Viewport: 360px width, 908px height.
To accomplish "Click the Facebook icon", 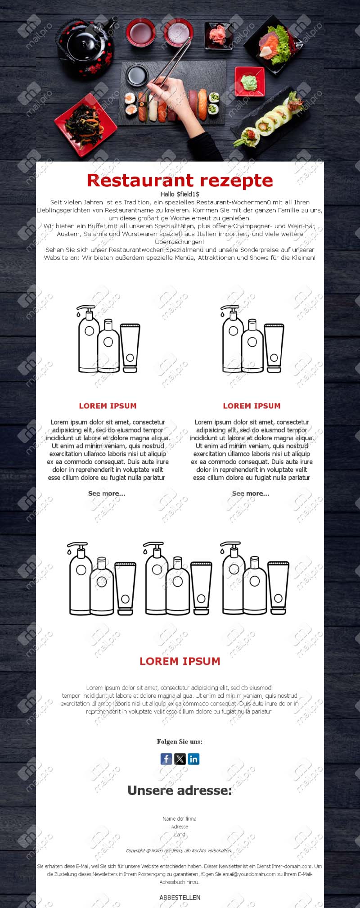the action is click(x=166, y=759).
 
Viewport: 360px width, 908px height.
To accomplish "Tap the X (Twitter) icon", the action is click(x=180, y=759).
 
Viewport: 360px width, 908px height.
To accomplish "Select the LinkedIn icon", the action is click(x=193, y=759).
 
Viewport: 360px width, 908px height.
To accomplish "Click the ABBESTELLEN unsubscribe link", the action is click(x=180, y=897).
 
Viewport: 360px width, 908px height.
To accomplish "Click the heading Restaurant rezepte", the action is click(x=180, y=180).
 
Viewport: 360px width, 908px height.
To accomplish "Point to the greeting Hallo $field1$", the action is click(x=180, y=194).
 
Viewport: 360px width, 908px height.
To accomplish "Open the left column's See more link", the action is click(x=107, y=493).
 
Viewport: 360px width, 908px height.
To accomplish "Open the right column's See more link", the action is click(x=251, y=493).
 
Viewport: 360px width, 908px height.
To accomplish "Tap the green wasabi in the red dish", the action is click(x=248, y=82).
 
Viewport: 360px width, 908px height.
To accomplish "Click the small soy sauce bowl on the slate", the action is click(x=137, y=75).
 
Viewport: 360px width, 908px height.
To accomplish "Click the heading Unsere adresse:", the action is click(x=180, y=791).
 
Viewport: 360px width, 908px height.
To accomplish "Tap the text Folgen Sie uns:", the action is click(x=180, y=742).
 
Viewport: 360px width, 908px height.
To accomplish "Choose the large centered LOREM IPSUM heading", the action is click(x=180, y=661).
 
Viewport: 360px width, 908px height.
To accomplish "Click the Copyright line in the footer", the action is click(x=179, y=850).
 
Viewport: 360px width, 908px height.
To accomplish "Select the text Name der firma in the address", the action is click(x=180, y=818).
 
